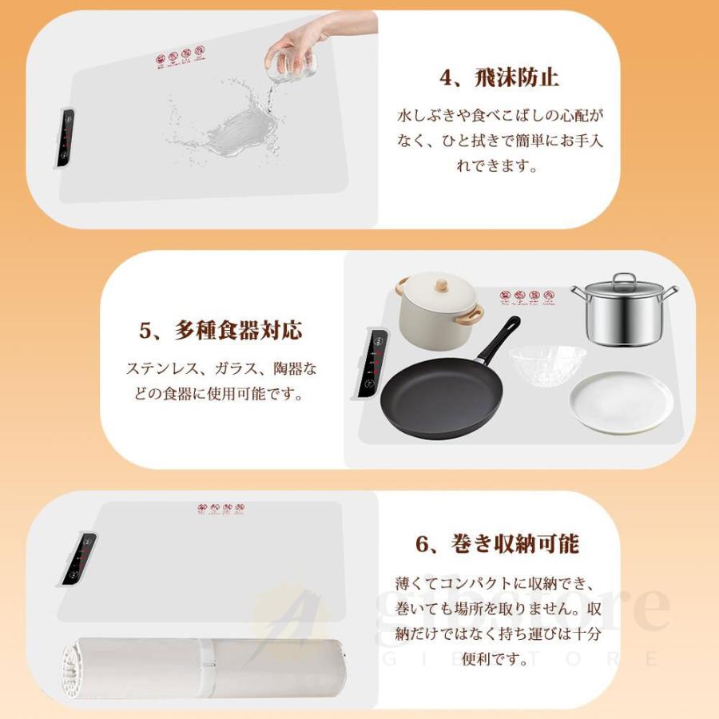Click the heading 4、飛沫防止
499,78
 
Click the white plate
621,402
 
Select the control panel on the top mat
66,137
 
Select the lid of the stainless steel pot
623,284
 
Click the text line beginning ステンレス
221,369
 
